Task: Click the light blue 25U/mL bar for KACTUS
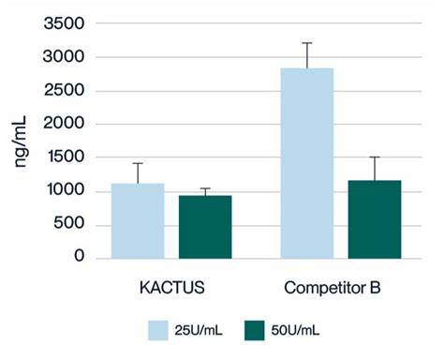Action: (x=138, y=220)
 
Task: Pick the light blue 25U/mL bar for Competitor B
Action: (x=307, y=162)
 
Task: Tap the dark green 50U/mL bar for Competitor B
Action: (x=375, y=218)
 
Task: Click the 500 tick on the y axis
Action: (x=70, y=224)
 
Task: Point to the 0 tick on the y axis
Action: (x=80, y=257)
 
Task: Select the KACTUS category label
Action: (x=171, y=285)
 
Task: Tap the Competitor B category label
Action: (x=341, y=285)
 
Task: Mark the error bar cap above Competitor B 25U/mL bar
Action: (x=307, y=42)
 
